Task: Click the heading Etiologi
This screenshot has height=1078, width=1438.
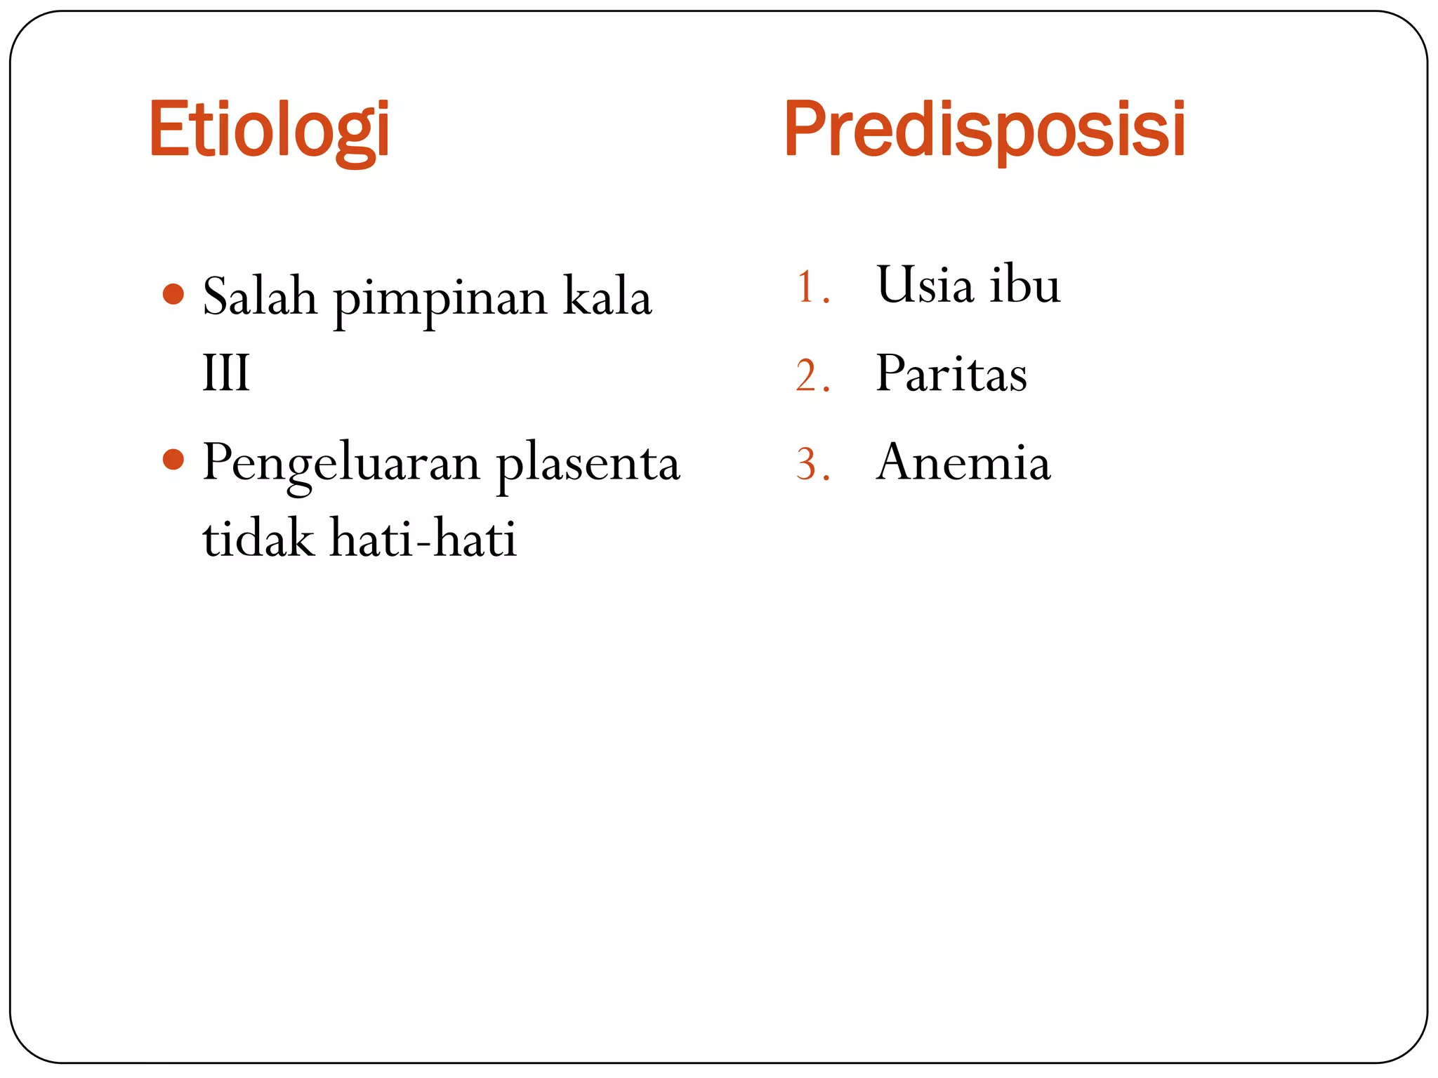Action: click(x=269, y=131)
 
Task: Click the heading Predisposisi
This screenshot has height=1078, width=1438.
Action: click(x=984, y=129)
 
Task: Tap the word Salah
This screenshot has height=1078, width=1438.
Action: click(x=260, y=297)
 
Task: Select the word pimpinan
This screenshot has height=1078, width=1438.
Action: click(x=440, y=299)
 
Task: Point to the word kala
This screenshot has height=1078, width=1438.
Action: click(x=607, y=297)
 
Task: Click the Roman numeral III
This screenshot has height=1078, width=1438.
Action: click(x=226, y=373)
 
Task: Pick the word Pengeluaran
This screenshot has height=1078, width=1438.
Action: click(x=341, y=464)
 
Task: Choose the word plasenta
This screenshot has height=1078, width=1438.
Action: click(x=588, y=464)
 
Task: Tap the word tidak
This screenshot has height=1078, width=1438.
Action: click(x=258, y=538)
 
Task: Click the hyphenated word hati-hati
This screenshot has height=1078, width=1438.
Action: click(x=423, y=538)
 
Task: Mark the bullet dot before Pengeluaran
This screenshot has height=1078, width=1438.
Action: click(x=173, y=460)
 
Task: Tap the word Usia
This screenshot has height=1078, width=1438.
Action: click(x=925, y=285)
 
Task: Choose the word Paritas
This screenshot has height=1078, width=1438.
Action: click(x=951, y=373)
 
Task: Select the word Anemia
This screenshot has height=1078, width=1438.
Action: click(x=963, y=463)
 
